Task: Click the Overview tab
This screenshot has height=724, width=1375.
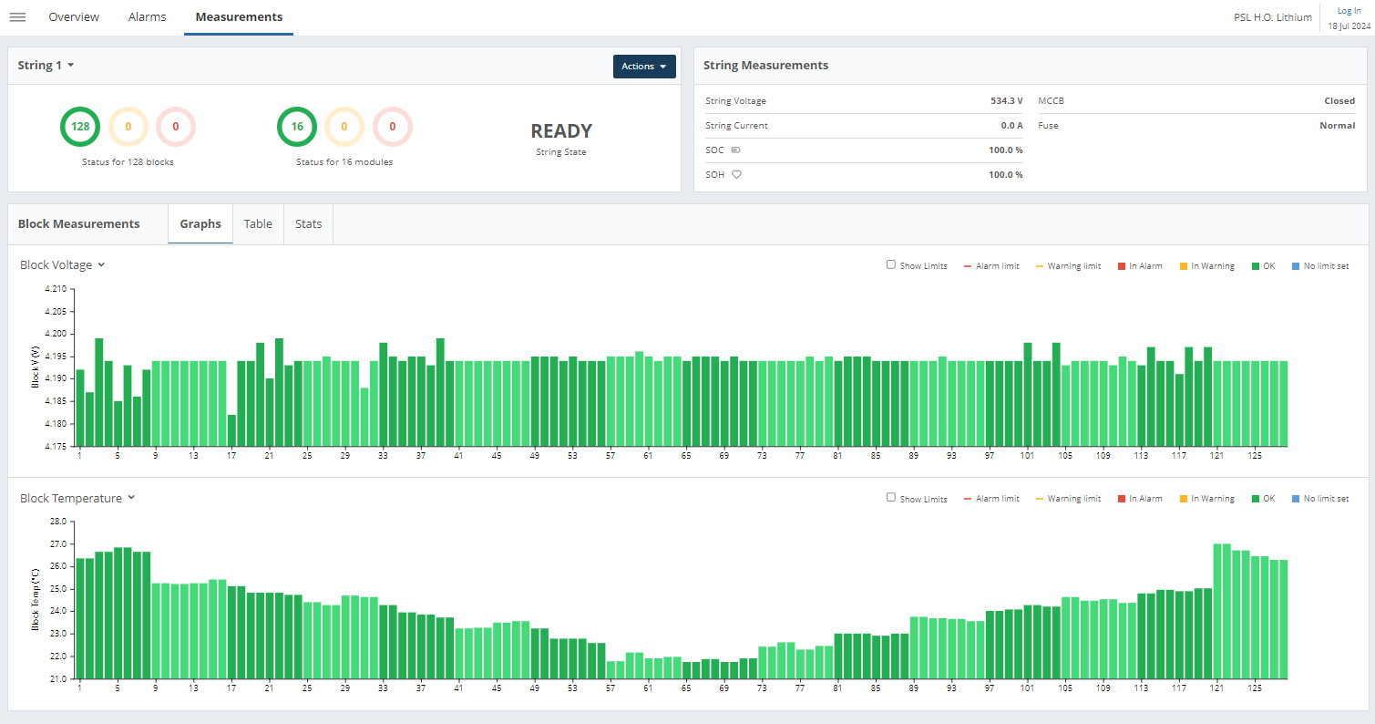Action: [x=74, y=17]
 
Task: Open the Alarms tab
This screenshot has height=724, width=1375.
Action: [x=147, y=17]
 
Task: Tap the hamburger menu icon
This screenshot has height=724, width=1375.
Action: [x=17, y=17]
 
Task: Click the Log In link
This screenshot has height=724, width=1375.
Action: [x=1349, y=11]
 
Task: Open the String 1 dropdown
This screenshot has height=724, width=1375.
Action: [x=46, y=66]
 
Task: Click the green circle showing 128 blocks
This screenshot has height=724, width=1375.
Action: [x=80, y=127]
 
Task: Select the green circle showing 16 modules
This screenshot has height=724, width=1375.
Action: [x=297, y=127]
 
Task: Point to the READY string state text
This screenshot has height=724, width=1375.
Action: [x=561, y=131]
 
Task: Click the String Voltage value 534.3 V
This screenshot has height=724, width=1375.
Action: [x=1006, y=101]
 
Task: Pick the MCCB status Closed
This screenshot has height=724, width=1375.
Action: [x=1339, y=101]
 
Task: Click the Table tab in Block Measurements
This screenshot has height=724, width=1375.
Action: [x=258, y=224]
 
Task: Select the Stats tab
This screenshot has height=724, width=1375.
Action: [x=308, y=224]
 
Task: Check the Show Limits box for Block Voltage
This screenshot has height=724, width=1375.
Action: [x=891, y=265]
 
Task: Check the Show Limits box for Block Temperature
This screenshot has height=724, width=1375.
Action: [x=891, y=498]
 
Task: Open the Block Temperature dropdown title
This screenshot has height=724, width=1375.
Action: [x=77, y=499]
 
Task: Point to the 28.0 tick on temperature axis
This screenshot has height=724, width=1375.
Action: [x=58, y=522]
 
